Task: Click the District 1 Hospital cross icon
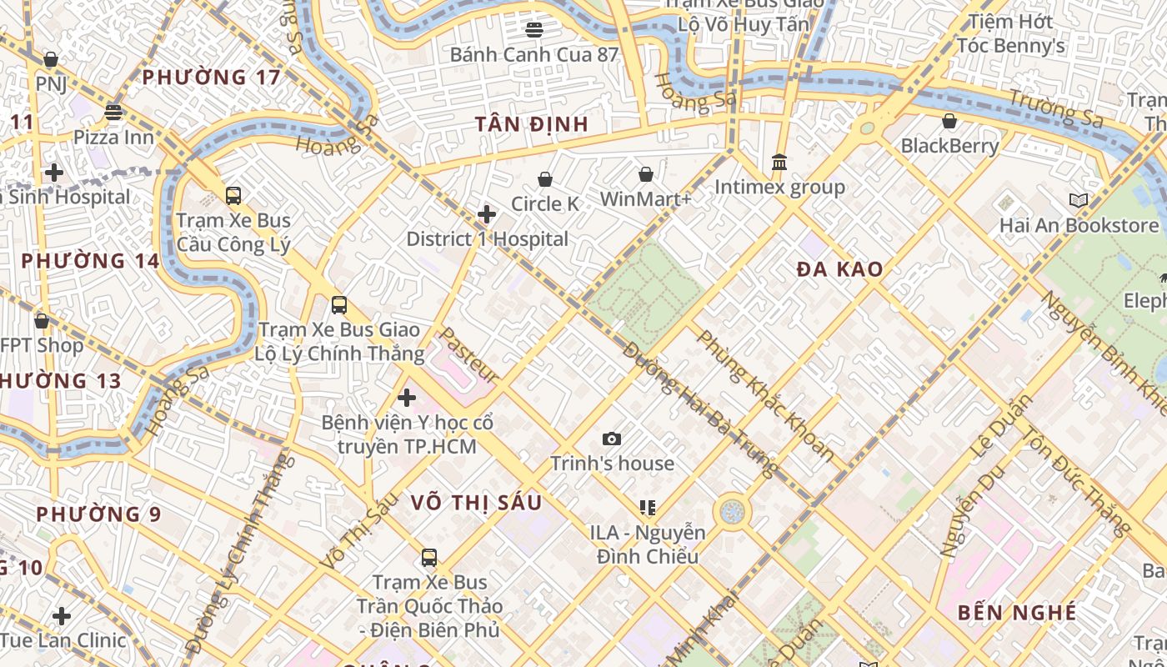coord(487,215)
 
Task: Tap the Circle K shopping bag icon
coord(545,179)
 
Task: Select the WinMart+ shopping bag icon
coord(646,174)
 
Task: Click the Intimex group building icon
coord(779,162)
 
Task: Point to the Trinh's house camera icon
coord(612,439)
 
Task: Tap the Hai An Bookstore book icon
coord(1079,200)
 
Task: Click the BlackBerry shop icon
coord(949,122)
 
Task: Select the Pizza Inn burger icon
coord(113,112)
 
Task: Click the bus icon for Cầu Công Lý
coord(233,196)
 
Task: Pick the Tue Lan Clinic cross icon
coord(62,616)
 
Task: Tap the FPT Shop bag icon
coord(42,321)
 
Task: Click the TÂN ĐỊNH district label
coord(532,124)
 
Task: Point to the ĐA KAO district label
coord(839,269)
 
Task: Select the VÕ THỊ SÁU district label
coord(477,503)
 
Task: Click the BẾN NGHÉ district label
coord(1017,613)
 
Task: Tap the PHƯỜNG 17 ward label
coord(211,78)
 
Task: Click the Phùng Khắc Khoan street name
coord(765,396)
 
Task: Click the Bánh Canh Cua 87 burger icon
coord(534,30)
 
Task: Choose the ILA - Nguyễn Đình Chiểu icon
coord(647,507)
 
